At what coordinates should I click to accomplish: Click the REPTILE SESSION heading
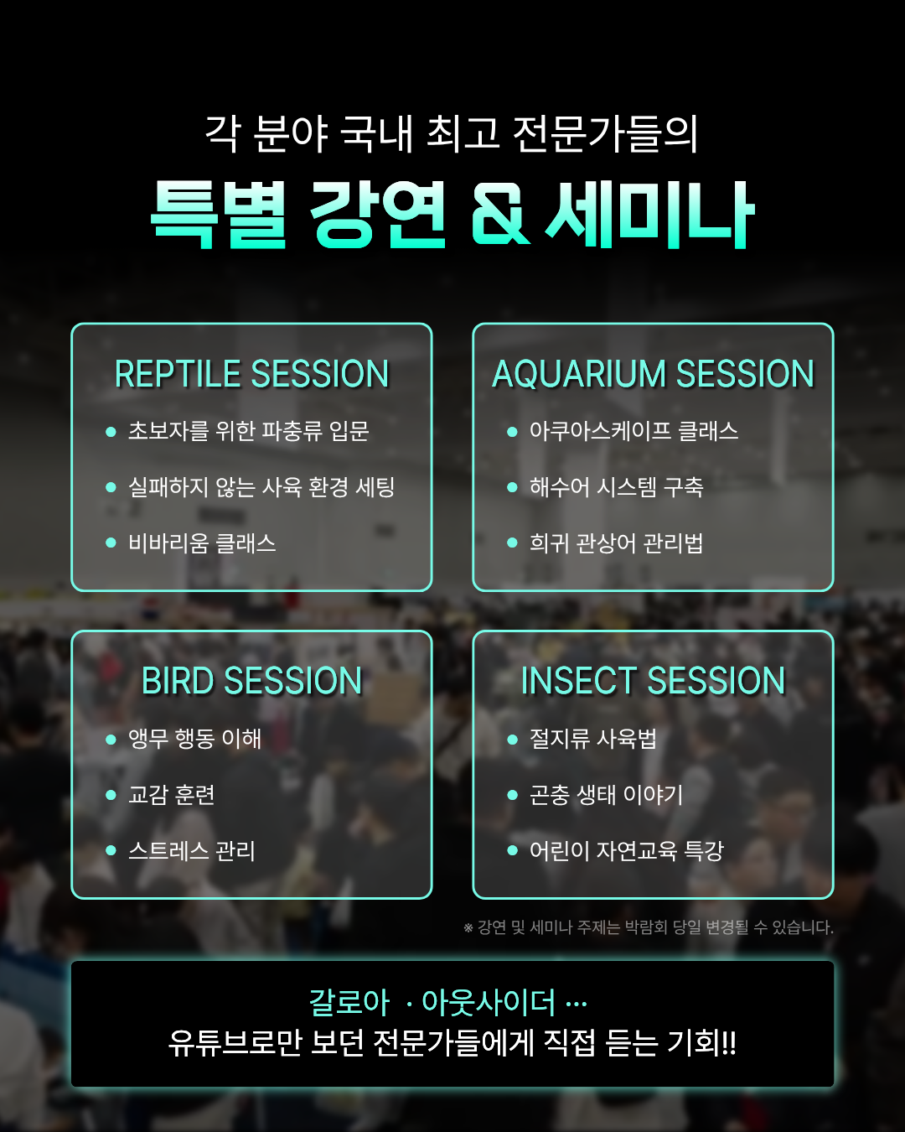[x=252, y=374]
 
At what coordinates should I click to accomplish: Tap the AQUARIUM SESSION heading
[x=653, y=374]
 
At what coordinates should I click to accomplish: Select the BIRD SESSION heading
[x=252, y=681]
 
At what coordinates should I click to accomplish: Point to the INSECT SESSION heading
[x=653, y=681]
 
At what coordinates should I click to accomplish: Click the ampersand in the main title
[x=499, y=215]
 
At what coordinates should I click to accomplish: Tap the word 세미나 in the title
[x=650, y=214]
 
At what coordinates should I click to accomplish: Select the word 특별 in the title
[x=218, y=214]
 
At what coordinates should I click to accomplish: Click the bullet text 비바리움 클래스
[x=203, y=543]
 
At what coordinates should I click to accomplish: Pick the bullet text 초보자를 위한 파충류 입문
[x=249, y=431]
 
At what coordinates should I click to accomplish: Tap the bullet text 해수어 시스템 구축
[x=616, y=487]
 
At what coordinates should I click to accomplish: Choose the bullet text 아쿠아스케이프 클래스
[x=634, y=431]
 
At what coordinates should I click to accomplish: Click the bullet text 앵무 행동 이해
[x=195, y=739]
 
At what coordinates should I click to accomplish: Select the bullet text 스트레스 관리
[x=192, y=850]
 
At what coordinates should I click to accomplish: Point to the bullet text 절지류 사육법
[x=593, y=739]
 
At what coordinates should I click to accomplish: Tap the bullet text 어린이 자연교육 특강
[x=627, y=850]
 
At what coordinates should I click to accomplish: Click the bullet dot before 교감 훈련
[x=111, y=795]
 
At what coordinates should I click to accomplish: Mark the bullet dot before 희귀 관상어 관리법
[x=512, y=543]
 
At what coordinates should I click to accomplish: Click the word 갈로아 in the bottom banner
[x=349, y=1003]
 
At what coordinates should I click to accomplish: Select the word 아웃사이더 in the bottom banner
[x=489, y=1003]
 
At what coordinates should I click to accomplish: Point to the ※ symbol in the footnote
[x=468, y=928]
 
